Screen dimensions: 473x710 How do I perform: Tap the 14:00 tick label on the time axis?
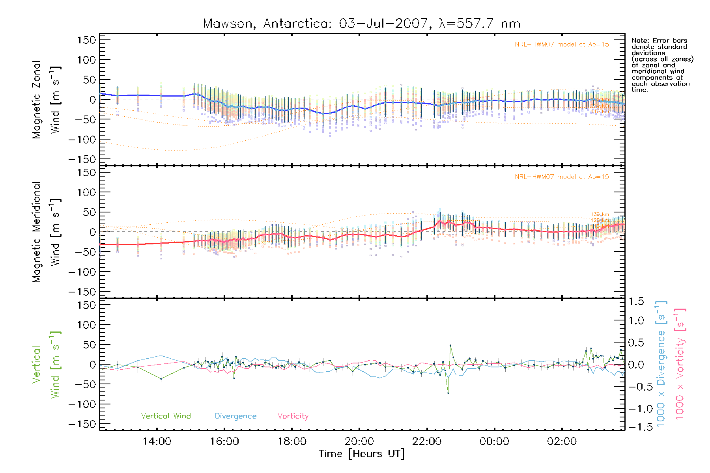click(157, 441)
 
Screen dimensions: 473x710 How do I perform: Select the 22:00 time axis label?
click(427, 441)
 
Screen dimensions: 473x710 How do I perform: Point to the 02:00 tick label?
click(562, 441)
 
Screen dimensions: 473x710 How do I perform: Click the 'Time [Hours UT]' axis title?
click(362, 454)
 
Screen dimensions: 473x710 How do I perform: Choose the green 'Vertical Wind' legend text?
click(166, 416)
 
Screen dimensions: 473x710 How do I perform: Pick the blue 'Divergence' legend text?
click(235, 416)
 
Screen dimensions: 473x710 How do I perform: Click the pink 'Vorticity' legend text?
click(293, 416)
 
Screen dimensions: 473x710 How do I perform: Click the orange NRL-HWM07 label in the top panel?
click(562, 45)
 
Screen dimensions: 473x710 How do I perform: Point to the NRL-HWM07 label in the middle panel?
click(562, 177)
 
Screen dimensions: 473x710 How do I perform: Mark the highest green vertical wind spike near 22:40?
click(450, 346)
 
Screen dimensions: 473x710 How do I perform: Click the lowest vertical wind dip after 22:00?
click(448, 393)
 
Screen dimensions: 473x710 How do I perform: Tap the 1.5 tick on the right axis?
click(636, 302)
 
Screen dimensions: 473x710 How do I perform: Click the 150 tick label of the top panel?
click(86, 40)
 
